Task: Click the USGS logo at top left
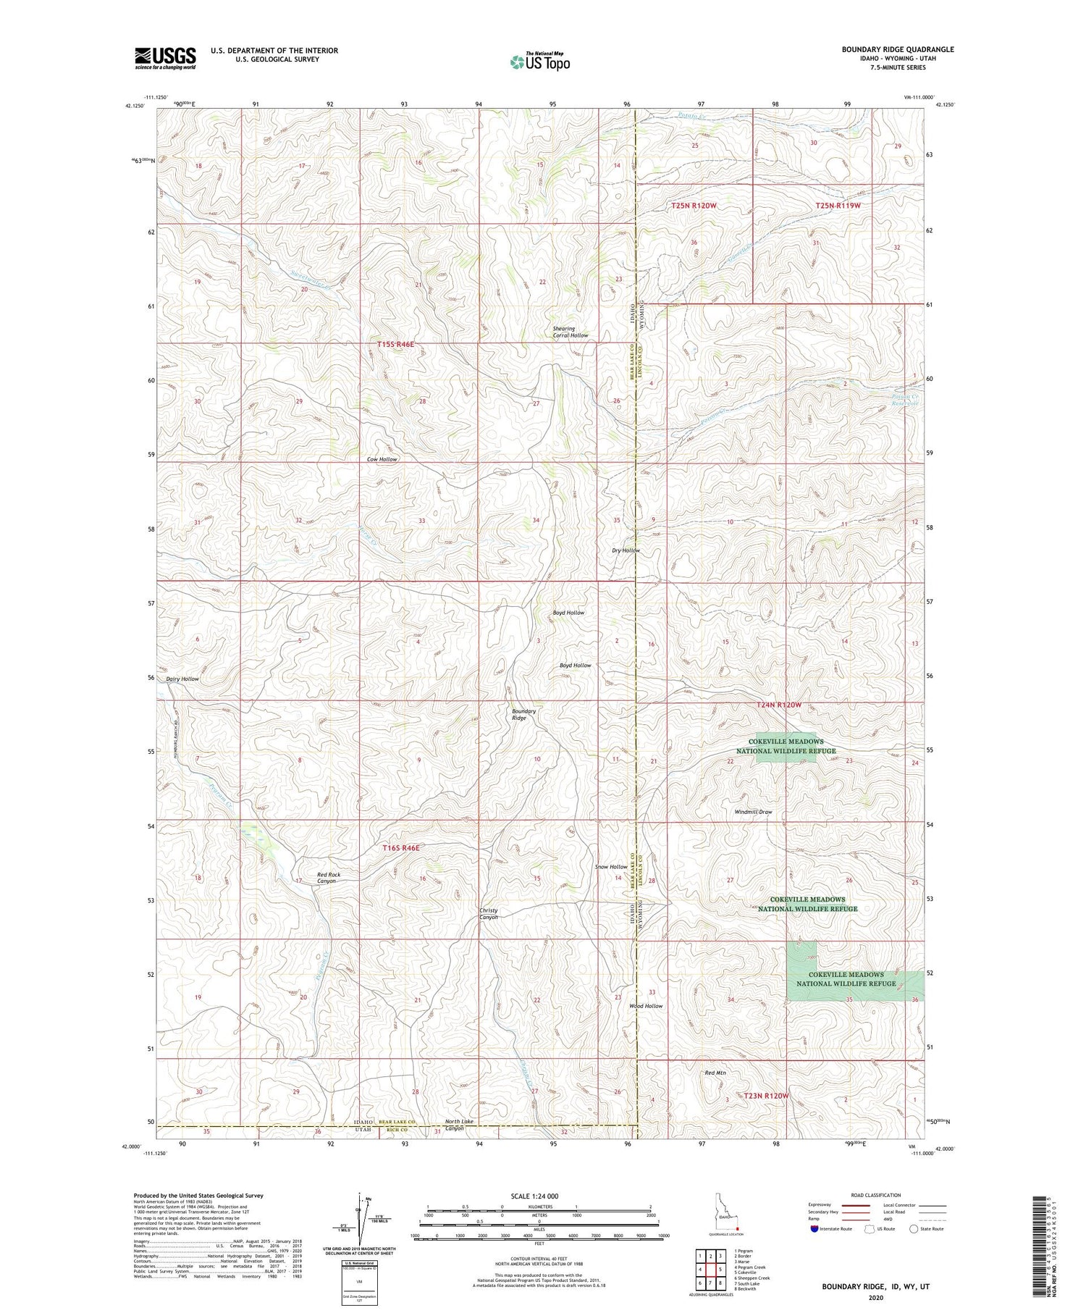[x=165, y=58]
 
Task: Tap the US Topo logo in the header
[x=539, y=62]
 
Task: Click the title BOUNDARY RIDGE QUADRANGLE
[x=887, y=49]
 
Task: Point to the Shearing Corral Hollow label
[x=571, y=332]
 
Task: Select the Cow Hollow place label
[x=382, y=459]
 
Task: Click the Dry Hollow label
[x=626, y=550]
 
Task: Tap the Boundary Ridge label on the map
[x=524, y=715]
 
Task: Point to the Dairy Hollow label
[x=182, y=679]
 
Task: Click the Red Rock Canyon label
[x=328, y=878]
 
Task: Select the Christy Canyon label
[x=488, y=913]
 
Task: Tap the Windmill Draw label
[x=753, y=812]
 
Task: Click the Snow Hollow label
[x=611, y=867]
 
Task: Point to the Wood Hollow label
[x=645, y=1006]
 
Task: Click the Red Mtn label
[x=715, y=1073]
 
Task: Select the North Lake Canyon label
[x=459, y=1125]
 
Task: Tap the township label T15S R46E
[x=395, y=344]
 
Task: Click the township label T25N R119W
[x=838, y=206]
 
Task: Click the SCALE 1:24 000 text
[x=539, y=1196]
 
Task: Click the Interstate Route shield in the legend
[x=814, y=1229]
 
